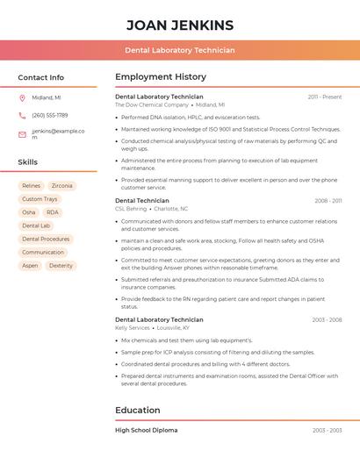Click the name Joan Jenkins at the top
tap(180, 25)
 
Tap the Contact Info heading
tap(40, 77)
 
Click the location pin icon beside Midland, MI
tap(22, 97)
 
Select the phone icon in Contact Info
tap(22, 115)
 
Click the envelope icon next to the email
tap(22, 134)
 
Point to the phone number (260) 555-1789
tap(49, 115)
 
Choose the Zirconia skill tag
tap(61, 186)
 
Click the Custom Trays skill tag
tap(40, 199)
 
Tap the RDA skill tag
tap(53, 212)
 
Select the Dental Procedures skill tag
tap(46, 239)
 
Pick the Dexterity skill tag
tap(61, 265)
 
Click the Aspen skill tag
tap(30, 265)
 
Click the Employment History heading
tap(161, 77)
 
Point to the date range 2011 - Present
tap(325, 97)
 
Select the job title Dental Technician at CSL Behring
tap(142, 201)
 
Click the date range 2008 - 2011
tap(328, 201)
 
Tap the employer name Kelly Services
tap(133, 327)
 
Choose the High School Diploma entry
tap(146, 430)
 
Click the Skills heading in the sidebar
tap(28, 162)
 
